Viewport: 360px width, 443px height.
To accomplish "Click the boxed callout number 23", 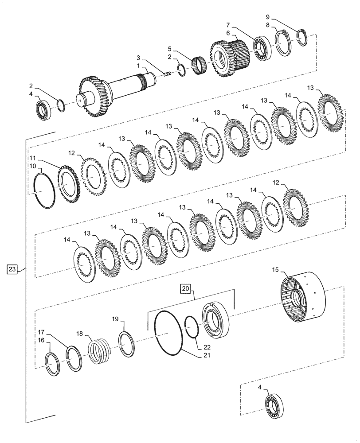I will pyautogui.click(x=12, y=269).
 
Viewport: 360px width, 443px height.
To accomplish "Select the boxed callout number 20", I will pyautogui.click(x=186, y=289).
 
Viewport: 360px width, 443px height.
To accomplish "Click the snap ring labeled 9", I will pyautogui.click(x=302, y=37).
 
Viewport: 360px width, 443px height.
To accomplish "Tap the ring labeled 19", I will pyautogui.click(x=127, y=344).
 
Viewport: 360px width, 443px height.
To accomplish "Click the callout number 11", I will pyautogui.click(x=33, y=158).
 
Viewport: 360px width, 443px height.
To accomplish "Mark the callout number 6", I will pyautogui.click(x=228, y=33).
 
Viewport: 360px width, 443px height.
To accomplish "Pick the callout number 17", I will pyautogui.click(x=41, y=332).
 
